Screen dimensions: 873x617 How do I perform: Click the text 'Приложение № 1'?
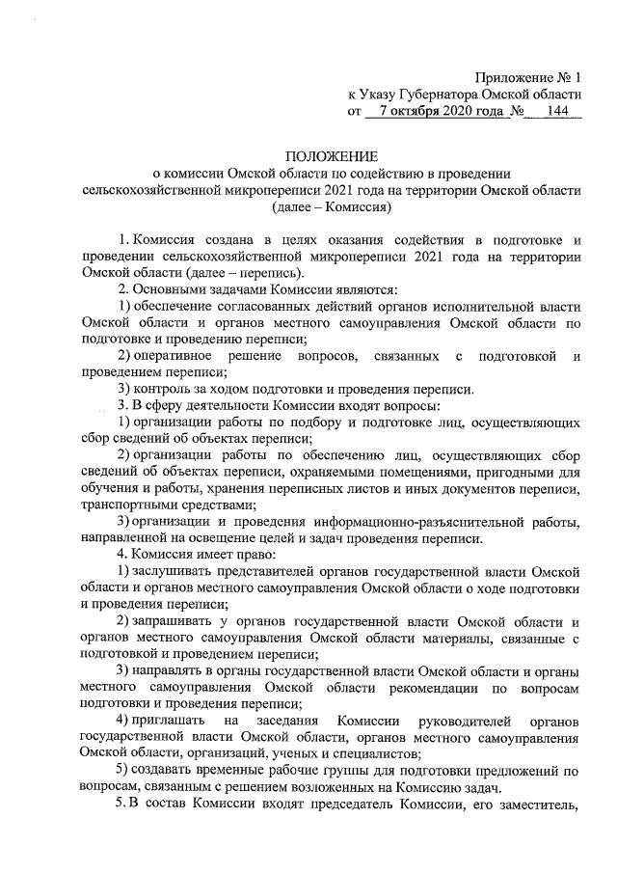pos(530,77)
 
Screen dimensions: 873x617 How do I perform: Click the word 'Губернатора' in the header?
pos(452,95)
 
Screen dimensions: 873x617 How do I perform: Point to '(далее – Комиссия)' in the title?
pos(331,207)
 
